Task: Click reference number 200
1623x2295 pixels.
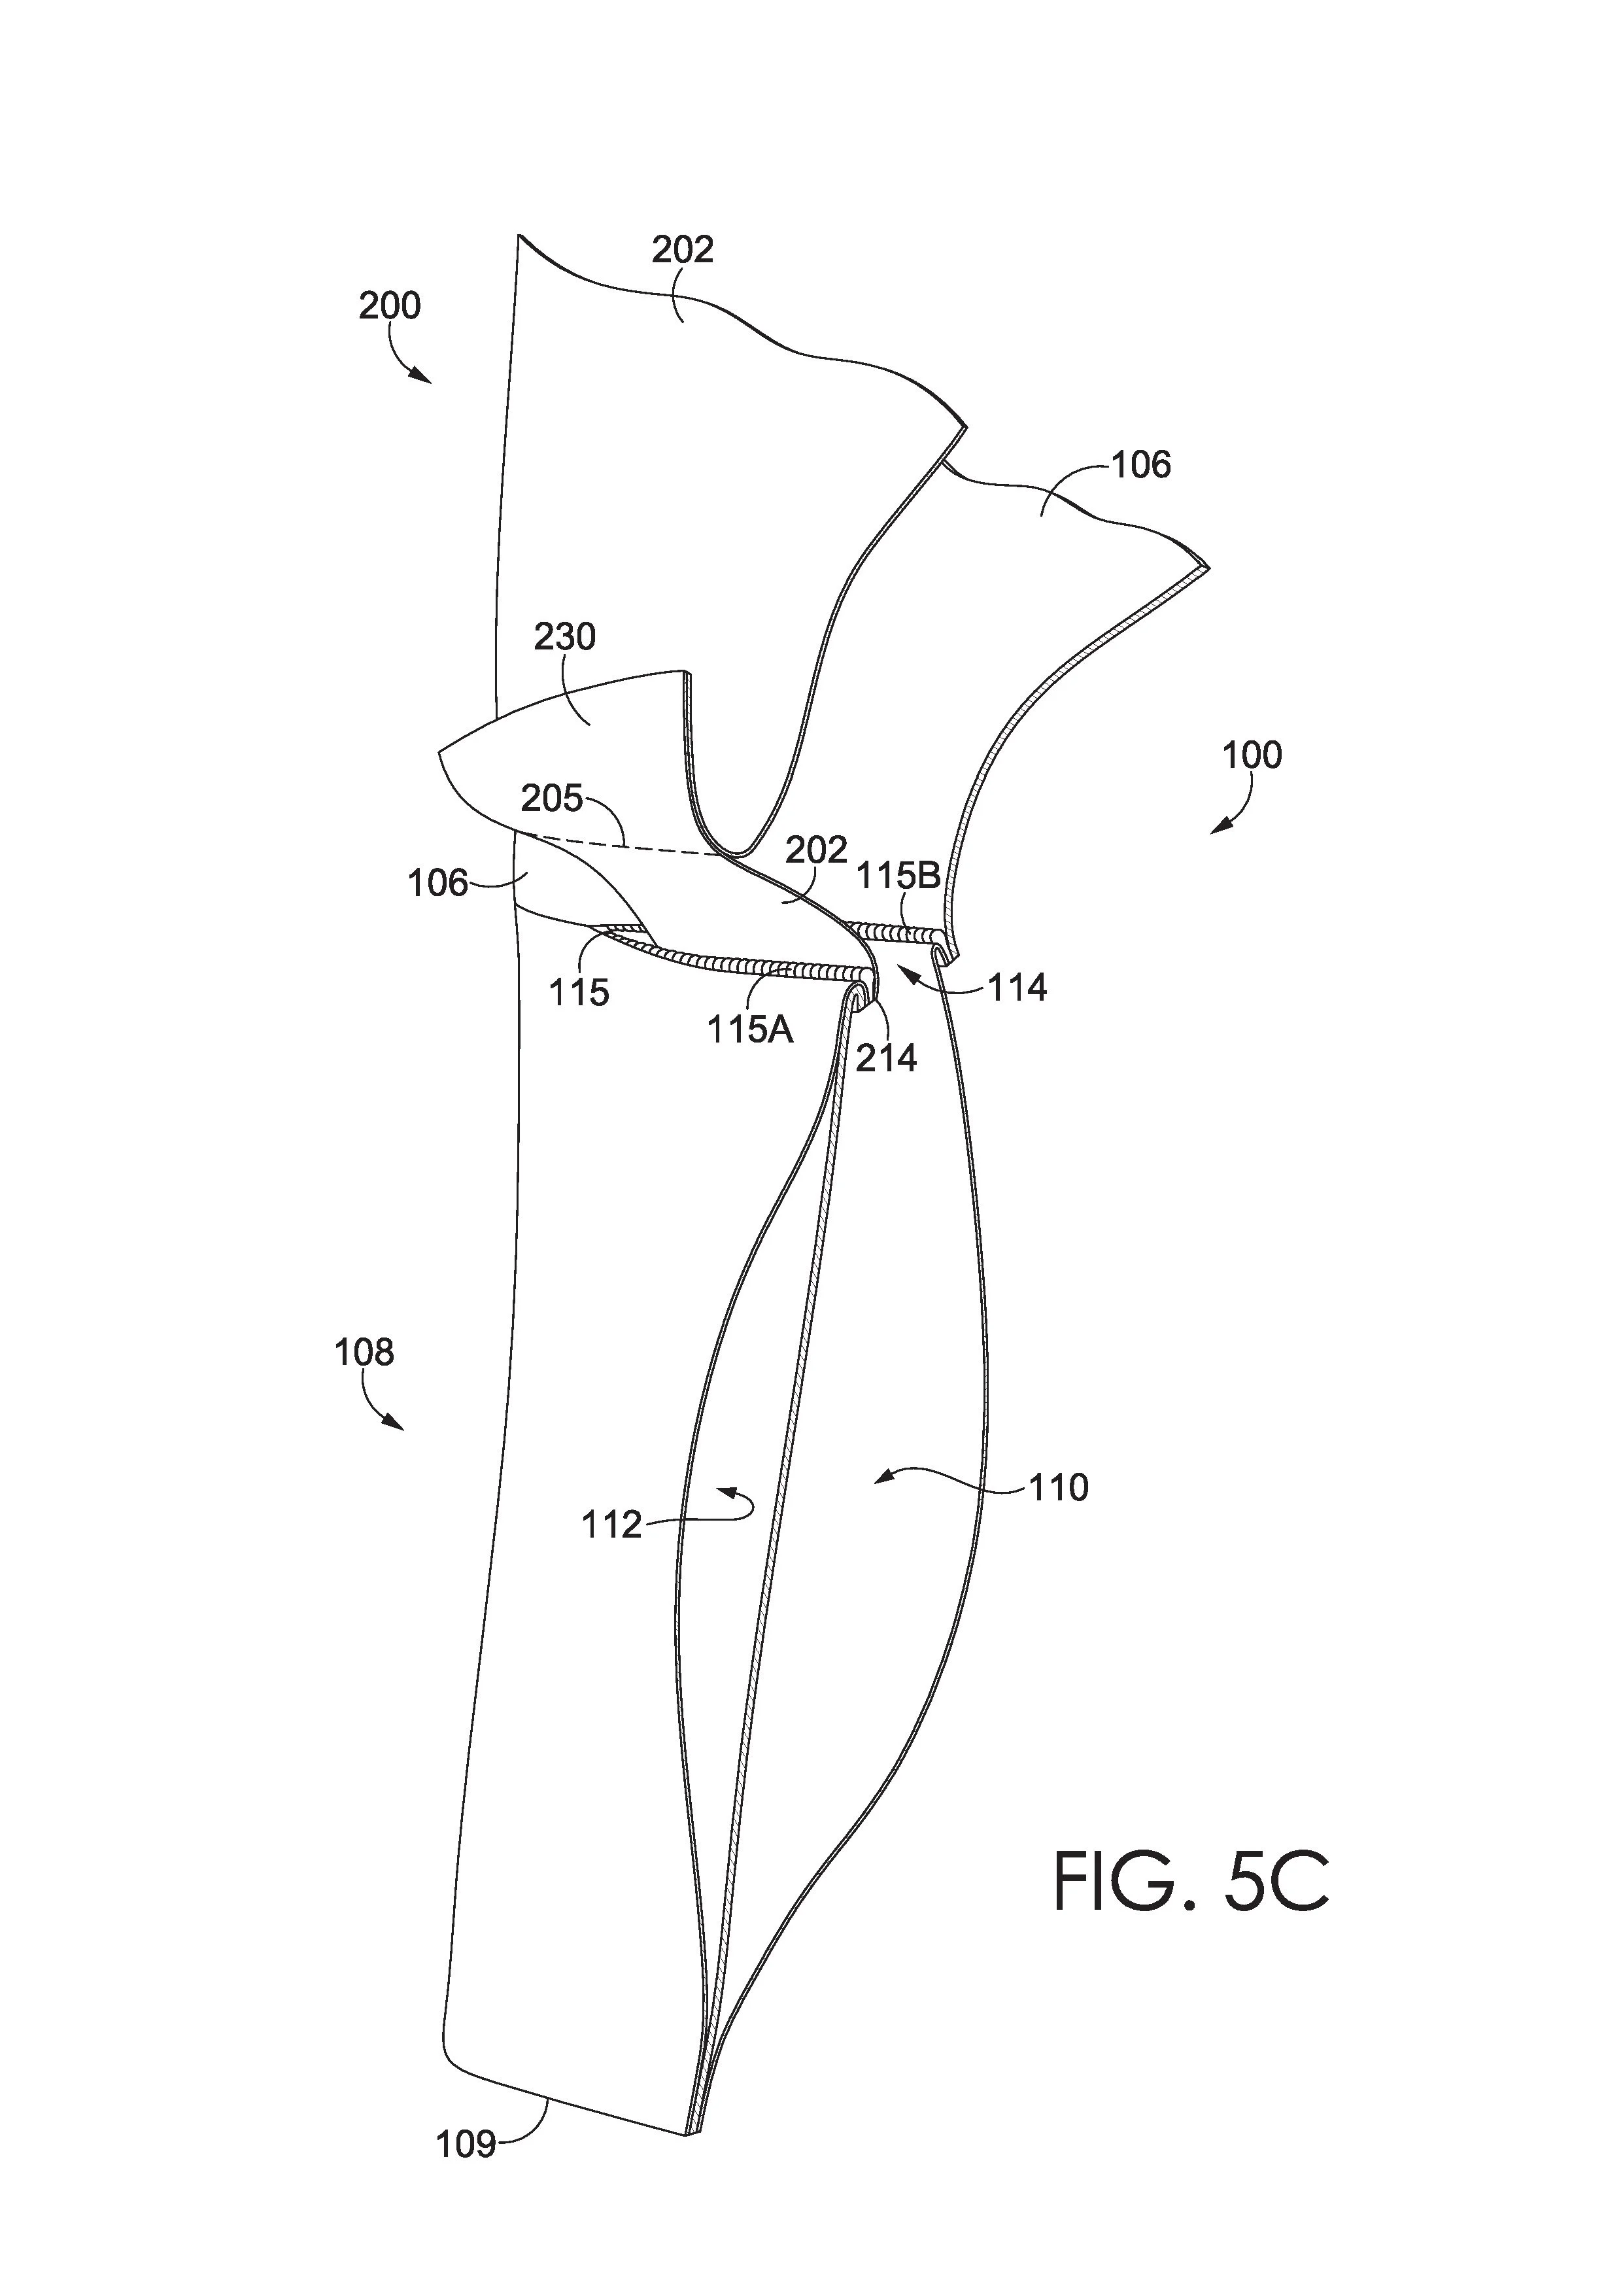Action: [390, 305]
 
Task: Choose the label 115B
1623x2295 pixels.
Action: [898, 876]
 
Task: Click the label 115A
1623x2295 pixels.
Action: [751, 1029]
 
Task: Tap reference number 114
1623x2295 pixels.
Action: [1017, 988]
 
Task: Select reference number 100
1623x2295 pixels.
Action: [1252, 755]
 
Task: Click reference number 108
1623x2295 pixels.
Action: [364, 1353]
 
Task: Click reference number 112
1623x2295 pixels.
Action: [611, 1525]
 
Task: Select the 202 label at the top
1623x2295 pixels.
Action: [683, 249]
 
